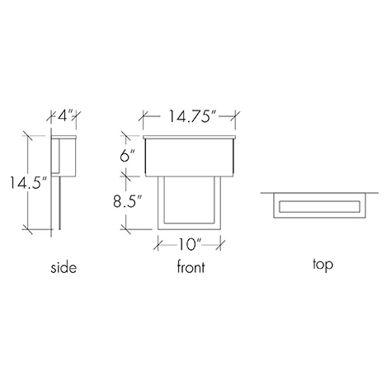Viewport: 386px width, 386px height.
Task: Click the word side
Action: click(64, 268)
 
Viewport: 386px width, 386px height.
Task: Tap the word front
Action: click(191, 268)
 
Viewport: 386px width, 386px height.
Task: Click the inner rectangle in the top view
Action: click(320, 205)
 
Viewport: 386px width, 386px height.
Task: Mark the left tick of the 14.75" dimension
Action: click(144, 117)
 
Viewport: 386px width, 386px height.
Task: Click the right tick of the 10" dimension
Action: click(223, 242)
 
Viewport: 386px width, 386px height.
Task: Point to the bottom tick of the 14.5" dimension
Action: click(31, 228)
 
